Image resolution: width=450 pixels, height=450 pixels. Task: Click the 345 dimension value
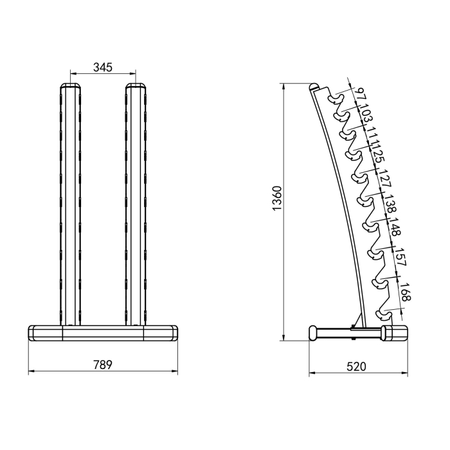103,67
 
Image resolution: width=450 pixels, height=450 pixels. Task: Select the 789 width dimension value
103,364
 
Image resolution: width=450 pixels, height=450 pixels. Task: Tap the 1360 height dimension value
277,199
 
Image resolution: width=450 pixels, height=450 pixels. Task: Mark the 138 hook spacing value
390,206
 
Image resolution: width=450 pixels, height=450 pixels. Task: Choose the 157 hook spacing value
399,257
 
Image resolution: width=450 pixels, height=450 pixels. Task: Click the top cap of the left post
71,87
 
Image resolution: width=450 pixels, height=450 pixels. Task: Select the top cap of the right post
135,87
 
